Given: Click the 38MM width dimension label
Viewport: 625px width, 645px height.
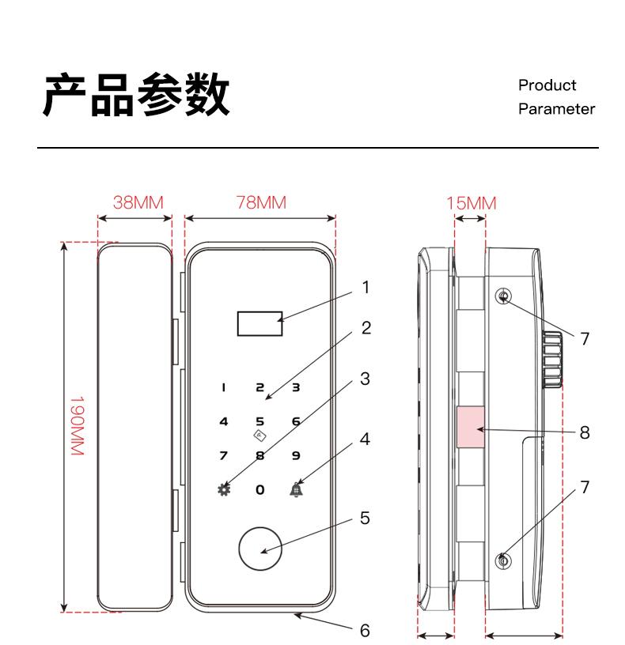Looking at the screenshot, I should (x=138, y=202).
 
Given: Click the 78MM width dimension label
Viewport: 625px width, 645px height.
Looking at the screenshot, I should (x=260, y=202).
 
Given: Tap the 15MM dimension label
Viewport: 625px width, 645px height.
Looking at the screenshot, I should (x=472, y=204).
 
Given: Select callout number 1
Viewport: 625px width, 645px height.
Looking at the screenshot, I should (x=366, y=289).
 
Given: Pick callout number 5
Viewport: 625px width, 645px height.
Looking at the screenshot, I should (x=366, y=519).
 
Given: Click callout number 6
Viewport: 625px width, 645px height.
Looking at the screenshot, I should (x=366, y=631).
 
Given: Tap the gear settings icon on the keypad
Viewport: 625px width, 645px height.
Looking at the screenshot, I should (x=224, y=488).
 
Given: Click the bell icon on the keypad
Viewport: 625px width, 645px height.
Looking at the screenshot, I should (x=296, y=488).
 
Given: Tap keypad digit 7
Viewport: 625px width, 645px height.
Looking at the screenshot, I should (x=224, y=455).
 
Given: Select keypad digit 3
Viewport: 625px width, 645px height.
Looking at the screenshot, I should (x=296, y=387).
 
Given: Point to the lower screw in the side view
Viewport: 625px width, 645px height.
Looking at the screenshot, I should (x=504, y=561).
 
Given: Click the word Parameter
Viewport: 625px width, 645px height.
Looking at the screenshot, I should (x=556, y=110).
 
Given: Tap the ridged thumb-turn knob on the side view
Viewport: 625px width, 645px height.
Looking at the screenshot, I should (x=553, y=360).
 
